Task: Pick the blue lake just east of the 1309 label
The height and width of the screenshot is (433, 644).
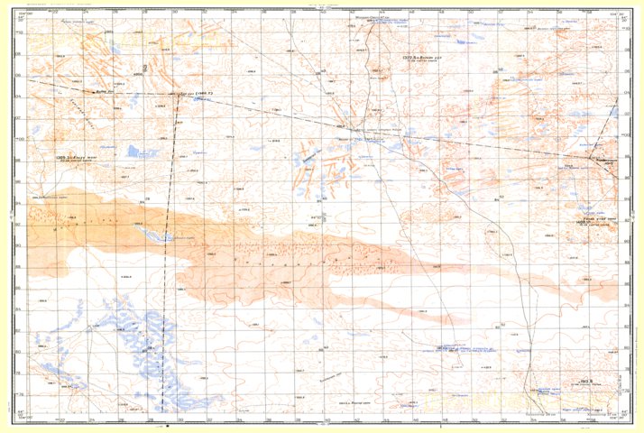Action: [x=138, y=151]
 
